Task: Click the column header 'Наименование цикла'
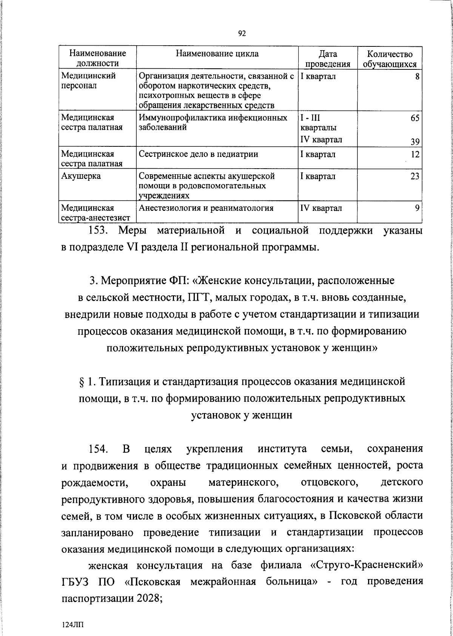tap(217, 54)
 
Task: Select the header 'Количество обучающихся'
tap(390, 59)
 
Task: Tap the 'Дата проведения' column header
tap(328, 59)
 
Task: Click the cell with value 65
tap(415, 118)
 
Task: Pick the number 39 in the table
tap(415, 142)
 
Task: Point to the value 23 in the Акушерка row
tap(415, 176)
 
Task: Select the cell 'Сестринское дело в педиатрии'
tap(199, 154)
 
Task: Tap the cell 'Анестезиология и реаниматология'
tap(206, 208)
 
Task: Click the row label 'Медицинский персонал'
tap(88, 80)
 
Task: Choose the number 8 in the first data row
tap(417, 77)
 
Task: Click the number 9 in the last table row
tap(417, 208)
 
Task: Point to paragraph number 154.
tap(98, 449)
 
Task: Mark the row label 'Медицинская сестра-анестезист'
tap(96, 213)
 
